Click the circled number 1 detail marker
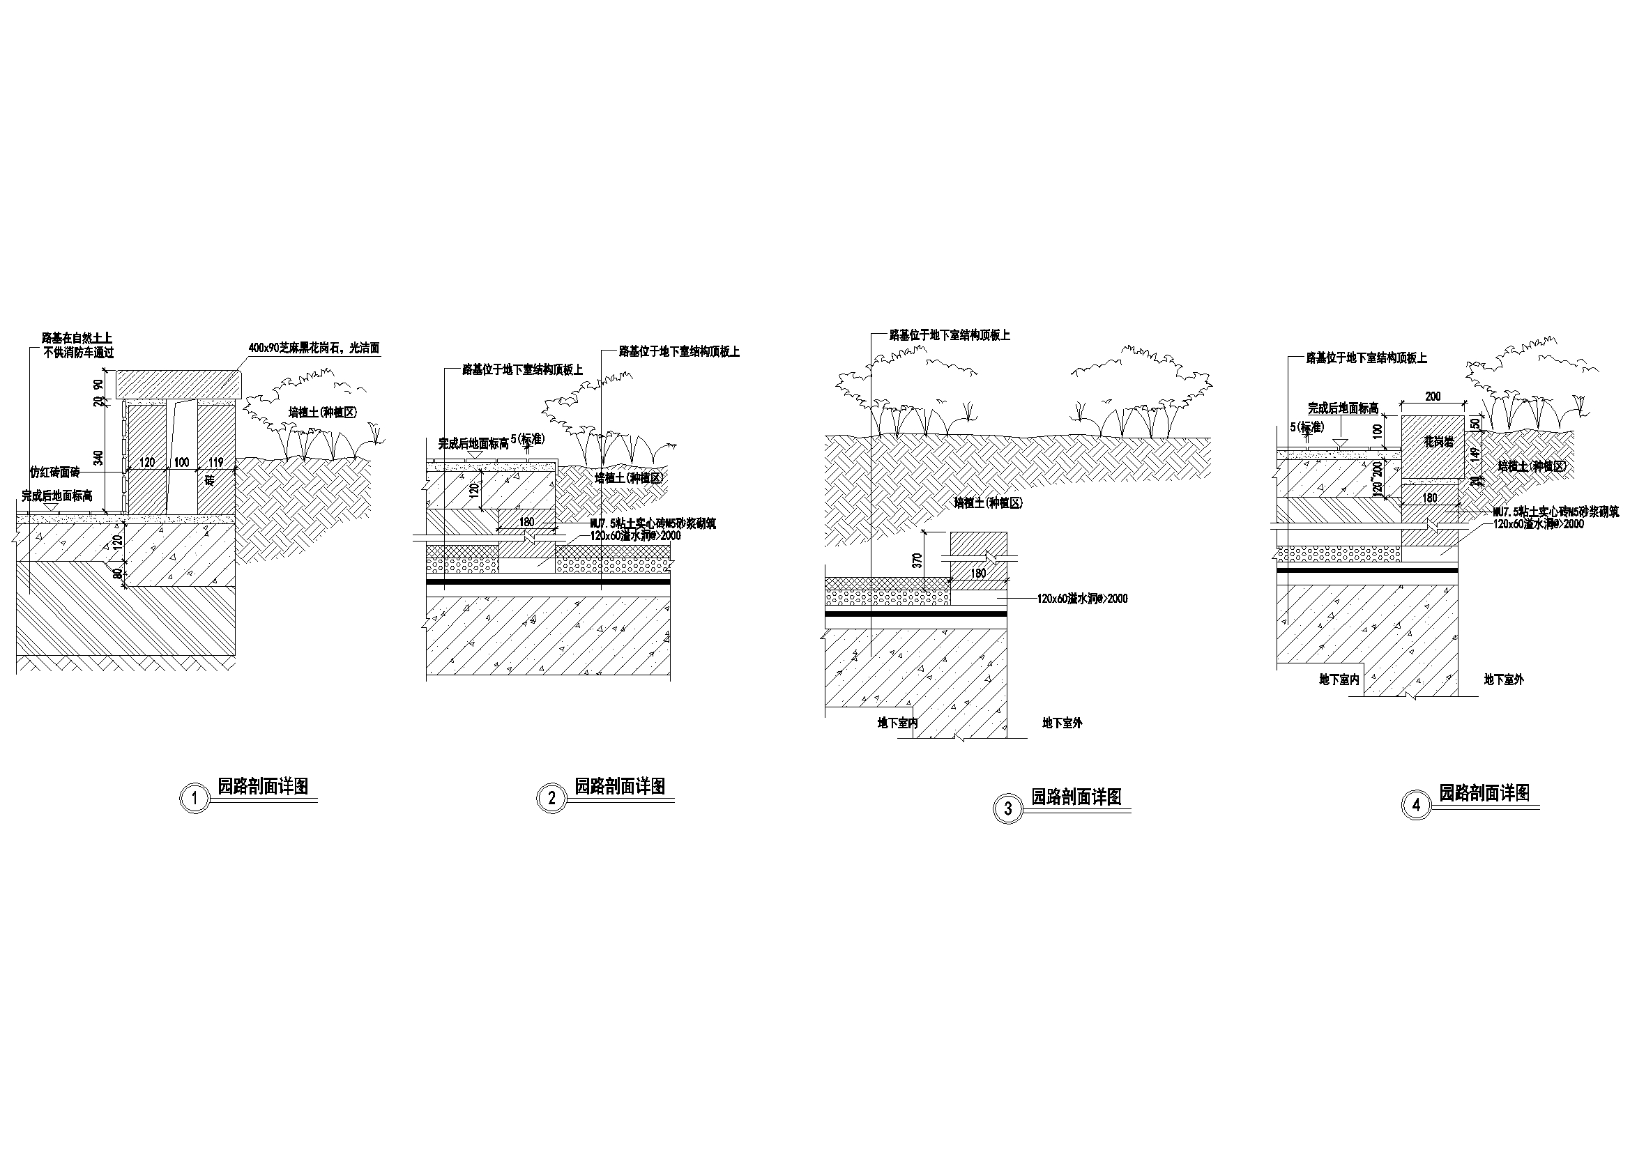pyautogui.click(x=195, y=799)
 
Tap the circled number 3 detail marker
pyautogui.click(x=1008, y=808)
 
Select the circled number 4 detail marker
pyautogui.click(x=1416, y=805)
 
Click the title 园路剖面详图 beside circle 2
pyautogui.click(x=620, y=786)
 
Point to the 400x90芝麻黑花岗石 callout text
pyautogui.click(x=314, y=348)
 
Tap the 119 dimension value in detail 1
pyautogui.click(x=216, y=462)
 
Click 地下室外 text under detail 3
pyautogui.click(x=1062, y=723)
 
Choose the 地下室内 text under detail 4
pyautogui.click(x=1339, y=679)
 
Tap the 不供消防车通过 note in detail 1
pyautogui.click(x=78, y=353)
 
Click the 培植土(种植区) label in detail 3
pyautogui.click(x=987, y=503)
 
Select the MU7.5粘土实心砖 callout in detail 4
pyautogui.click(x=1555, y=511)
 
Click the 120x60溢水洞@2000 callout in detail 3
pyautogui.click(x=1082, y=599)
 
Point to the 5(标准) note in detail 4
pyautogui.click(x=1307, y=428)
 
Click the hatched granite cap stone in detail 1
pyautogui.click(x=180, y=384)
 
